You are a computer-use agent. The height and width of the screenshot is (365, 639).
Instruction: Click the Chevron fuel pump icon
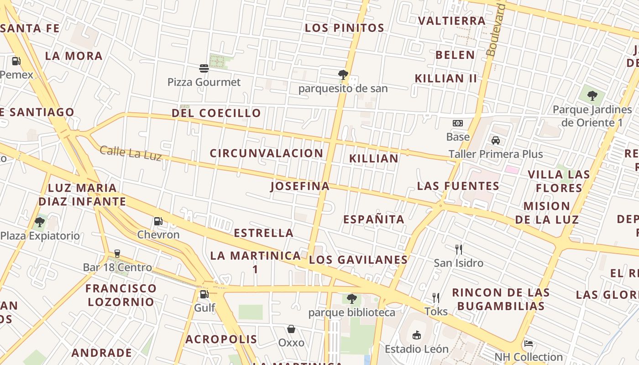tap(158, 221)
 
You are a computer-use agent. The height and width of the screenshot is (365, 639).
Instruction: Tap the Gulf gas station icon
tap(204, 294)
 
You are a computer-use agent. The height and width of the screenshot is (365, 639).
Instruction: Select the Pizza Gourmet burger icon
tap(204, 68)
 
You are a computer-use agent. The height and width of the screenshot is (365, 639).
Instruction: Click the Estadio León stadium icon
tap(416, 335)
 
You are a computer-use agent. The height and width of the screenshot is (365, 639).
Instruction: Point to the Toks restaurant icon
tap(436, 298)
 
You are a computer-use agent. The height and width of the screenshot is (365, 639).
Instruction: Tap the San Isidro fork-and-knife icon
tap(459, 249)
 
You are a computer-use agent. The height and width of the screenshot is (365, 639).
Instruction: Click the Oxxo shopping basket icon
tap(291, 329)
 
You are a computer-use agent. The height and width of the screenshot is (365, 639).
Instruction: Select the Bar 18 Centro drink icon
tap(117, 254)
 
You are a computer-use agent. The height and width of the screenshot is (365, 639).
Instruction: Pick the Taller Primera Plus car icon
tap(496, 140)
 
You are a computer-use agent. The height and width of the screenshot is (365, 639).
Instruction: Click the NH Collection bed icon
tap(529, 343)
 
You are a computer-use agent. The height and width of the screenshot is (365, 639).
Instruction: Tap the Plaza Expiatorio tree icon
tap(40, 222)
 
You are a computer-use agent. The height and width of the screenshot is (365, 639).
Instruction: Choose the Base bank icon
tap(458, 123)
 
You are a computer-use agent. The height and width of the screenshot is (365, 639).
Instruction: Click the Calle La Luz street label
tap(131, 153)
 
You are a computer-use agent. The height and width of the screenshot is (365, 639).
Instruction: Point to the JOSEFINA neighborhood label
tap(300, 186)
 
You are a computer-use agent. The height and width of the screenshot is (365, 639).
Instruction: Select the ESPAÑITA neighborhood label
tap(374, 219)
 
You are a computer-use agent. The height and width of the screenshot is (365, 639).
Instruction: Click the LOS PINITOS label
tap(344, 28)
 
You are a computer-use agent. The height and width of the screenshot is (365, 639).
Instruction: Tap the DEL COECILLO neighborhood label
tap(216, 113)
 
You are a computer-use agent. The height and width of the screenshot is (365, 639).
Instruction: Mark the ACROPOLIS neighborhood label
tap(221, 339)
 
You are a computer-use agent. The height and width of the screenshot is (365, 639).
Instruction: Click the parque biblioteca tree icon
tap(351, 299)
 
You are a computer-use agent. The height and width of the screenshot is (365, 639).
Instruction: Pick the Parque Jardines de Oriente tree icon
tap(592, 96)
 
